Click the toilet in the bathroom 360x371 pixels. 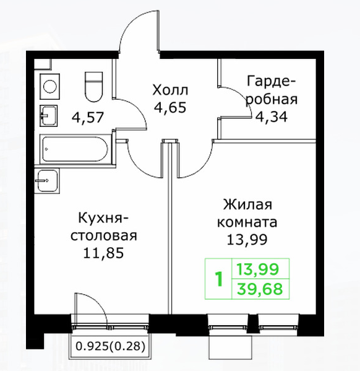pos(94,87)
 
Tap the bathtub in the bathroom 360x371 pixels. pos(75,149)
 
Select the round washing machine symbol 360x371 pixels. pos(49,86)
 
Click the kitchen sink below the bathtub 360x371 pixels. pos(47,181)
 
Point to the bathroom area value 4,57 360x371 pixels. pos(88,117)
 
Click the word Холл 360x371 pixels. pos(170,90)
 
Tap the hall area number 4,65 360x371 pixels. pos(170,108)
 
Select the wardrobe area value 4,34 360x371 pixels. pos(271,116)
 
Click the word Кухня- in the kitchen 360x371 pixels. pos(103,218)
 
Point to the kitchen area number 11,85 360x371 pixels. pos(103,253)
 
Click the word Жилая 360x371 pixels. pos(247,204)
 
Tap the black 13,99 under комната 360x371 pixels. pos(247,240)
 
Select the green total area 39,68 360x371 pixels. pos(260,289)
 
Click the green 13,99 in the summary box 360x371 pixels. pos(258,269)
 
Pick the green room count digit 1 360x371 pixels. pos(219,279)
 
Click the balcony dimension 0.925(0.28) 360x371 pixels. pos(110,346)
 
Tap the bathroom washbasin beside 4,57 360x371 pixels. pos(48,115)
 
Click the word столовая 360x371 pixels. pos(104,235)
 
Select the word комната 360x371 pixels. pos(247,222)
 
